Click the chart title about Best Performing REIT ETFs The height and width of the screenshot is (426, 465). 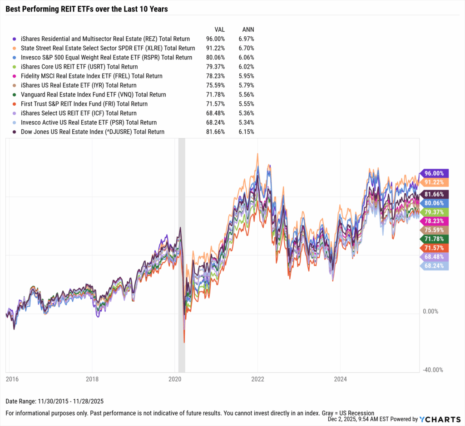click(87, 9)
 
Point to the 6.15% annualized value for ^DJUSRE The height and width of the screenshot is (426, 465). click(246, 132)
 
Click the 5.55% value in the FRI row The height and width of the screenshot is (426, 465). click(246, 104)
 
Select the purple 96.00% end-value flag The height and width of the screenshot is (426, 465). click(435, 173)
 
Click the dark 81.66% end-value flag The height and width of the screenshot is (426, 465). click(435, 194)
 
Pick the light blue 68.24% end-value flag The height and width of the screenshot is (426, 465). click(435, 266)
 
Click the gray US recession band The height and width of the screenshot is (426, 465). click(182, 254)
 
